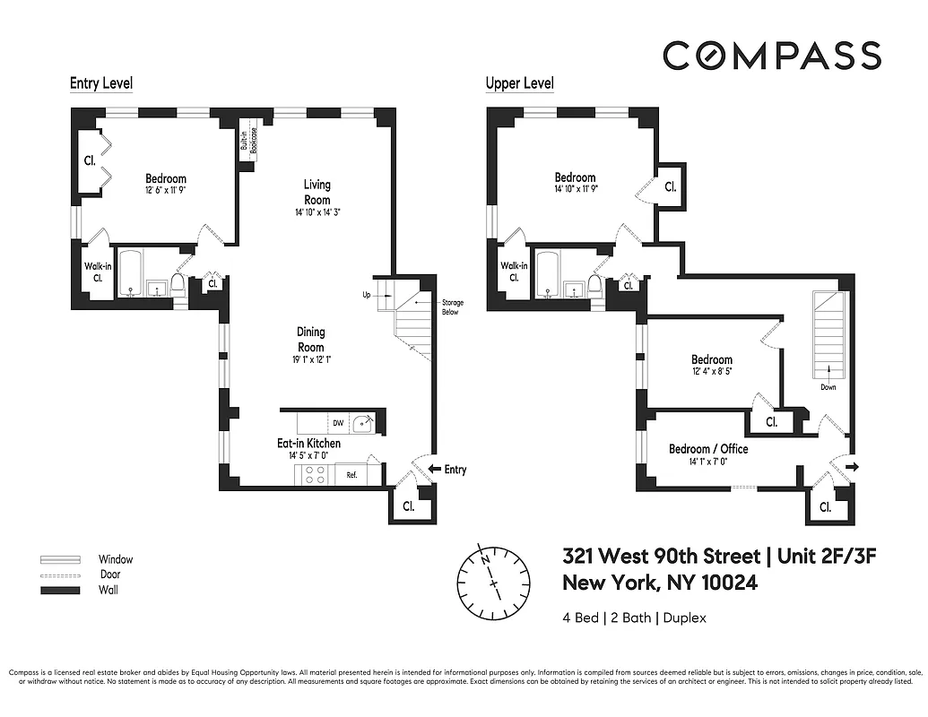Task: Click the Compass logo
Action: (x=771, y=56)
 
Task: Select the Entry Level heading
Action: (x=101, y=83)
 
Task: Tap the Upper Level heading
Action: (x=519, y=83)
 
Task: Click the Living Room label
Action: (x=317, y=193)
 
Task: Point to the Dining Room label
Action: (x=311, y=340)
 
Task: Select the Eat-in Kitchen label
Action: (x=308, y=443)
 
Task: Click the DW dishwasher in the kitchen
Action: (x=338, y=423)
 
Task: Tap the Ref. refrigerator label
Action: (x=351, y=475)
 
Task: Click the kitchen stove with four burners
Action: (x=316, y=475)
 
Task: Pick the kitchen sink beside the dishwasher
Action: (x=365, y=423)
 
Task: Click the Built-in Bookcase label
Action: (x=248, y=142)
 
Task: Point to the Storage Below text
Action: (x=452, y=307)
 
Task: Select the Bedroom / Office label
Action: (x=708, y=449)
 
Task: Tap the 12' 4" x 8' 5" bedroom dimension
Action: (x=711, y=371)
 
